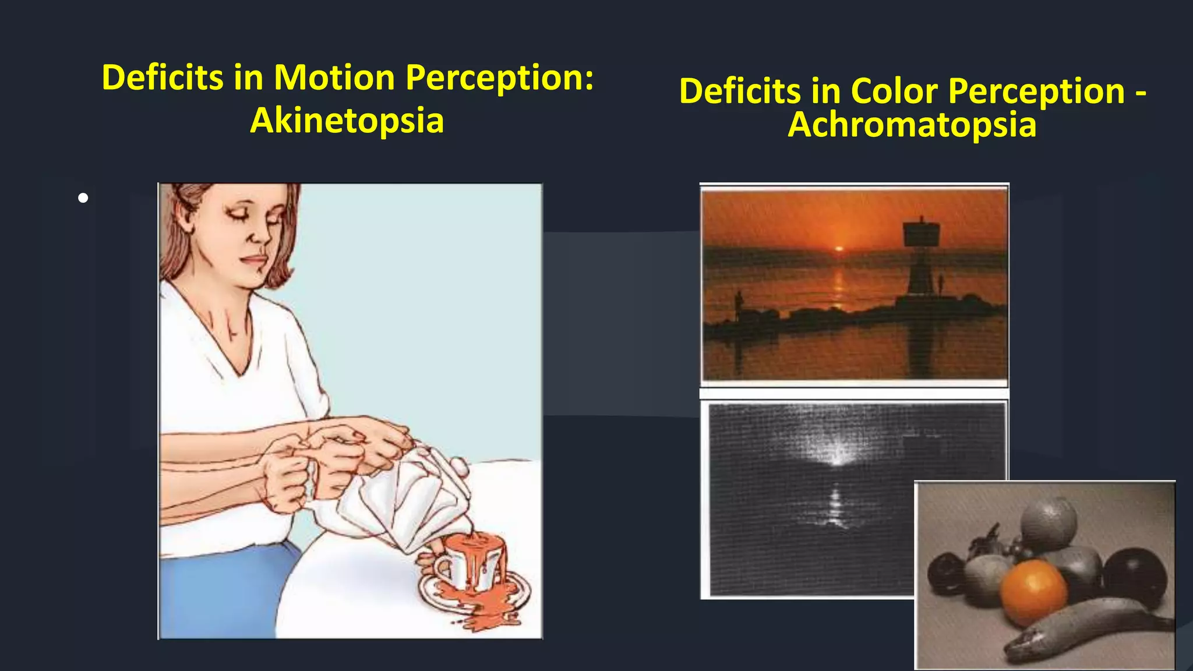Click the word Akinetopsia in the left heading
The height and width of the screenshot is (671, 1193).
tap(347, 121)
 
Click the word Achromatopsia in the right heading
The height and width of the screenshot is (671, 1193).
tap(912, 125)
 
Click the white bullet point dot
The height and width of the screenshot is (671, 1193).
tap(83, 198)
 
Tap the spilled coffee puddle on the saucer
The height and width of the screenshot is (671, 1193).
tap(478, 606)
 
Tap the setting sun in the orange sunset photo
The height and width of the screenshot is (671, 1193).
tap(839, 249)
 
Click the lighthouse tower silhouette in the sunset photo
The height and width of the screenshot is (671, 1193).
tap(920, 256)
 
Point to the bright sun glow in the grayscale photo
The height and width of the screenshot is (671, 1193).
tap(837, 454)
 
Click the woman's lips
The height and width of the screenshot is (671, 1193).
tap(255, 260)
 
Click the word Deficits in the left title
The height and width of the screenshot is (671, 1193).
tap(163, 77)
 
